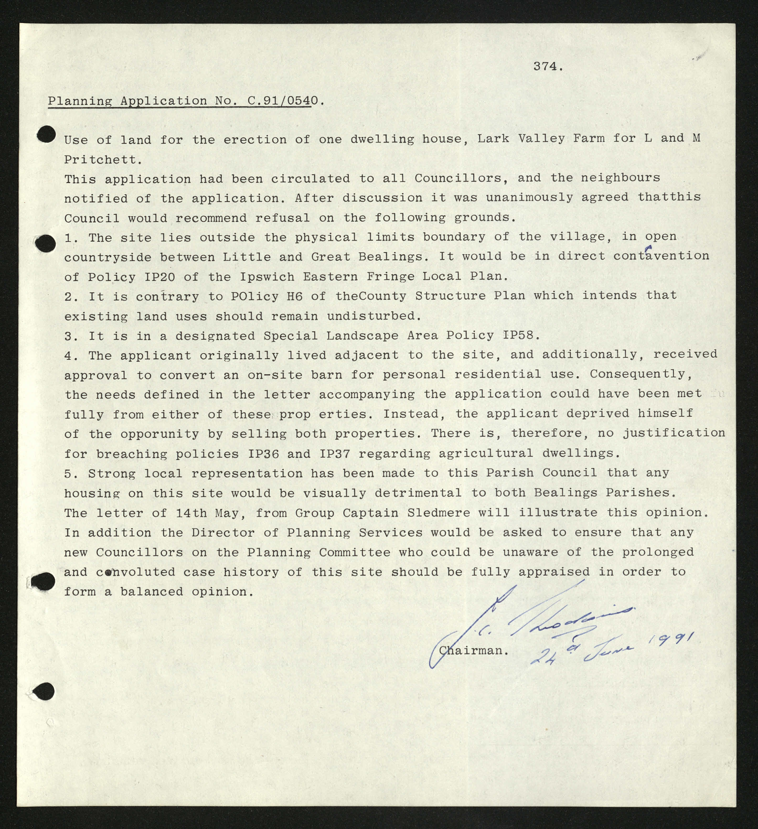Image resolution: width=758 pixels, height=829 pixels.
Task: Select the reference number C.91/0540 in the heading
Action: (x=283, y=101)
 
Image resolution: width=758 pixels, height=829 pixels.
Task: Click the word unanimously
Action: (x=529, y=197)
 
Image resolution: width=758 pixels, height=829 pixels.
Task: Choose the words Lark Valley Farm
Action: (x=540, y=139)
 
